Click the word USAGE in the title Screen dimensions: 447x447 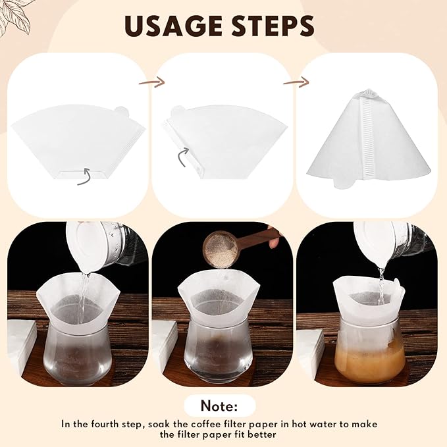(172, 26)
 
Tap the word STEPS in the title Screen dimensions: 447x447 (271, 26)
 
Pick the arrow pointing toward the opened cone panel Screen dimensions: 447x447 (296, 83)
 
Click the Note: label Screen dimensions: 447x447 (219, 404)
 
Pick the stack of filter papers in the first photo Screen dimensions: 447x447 (22, 346)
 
